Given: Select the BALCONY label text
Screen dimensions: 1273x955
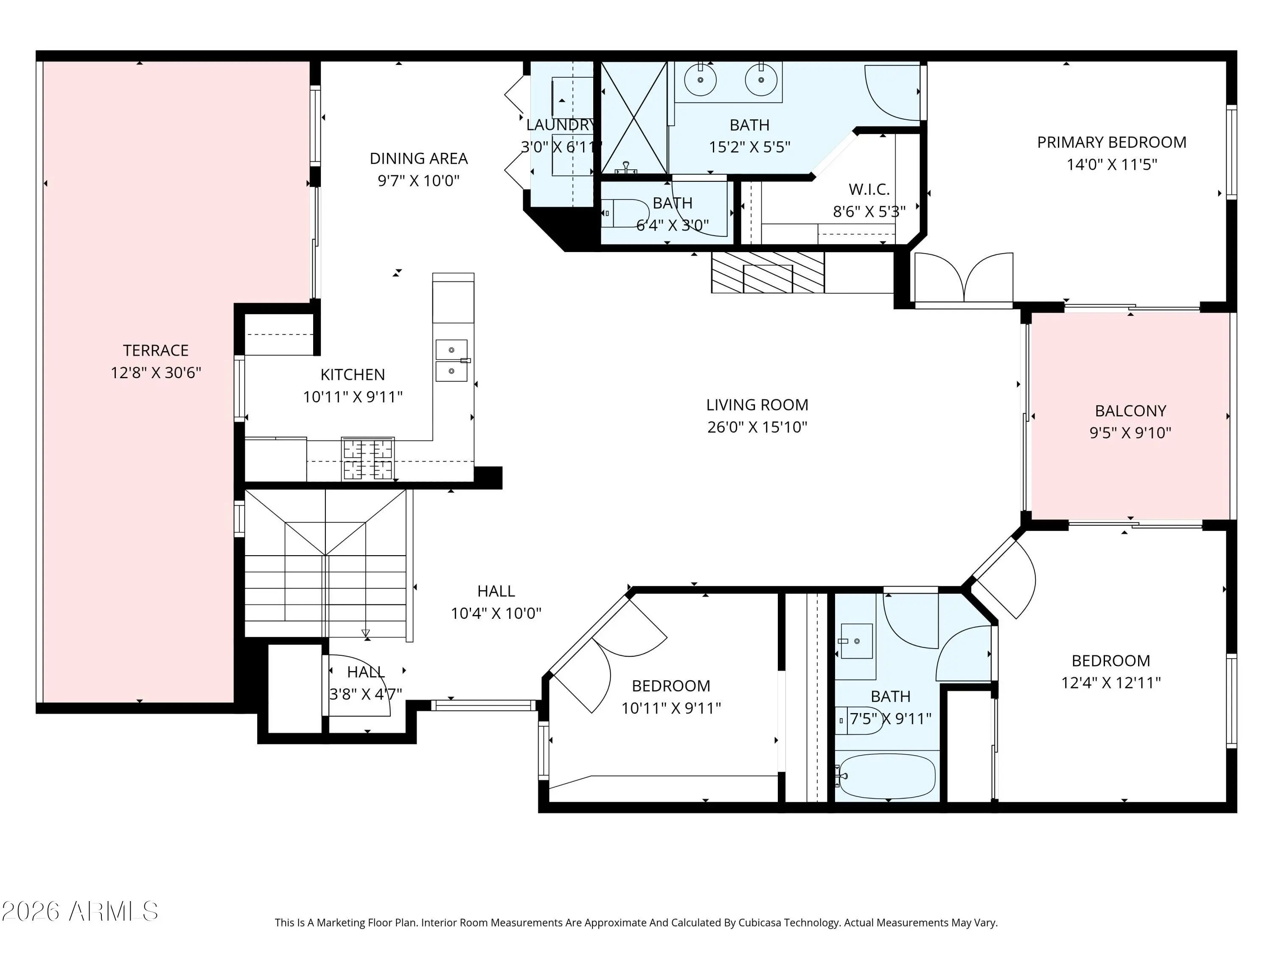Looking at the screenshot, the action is [x=1130, y=411].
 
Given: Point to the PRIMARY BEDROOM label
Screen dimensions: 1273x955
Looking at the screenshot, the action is [x=1111, y=142].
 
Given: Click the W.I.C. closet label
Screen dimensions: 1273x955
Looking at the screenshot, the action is [x=869, y=189].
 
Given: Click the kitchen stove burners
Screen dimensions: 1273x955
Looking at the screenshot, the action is [x=368, y=459].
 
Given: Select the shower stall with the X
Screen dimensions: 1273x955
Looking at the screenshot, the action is [x=634, y=118].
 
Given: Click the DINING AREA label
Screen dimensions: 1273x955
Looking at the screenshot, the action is [x=418, y=158].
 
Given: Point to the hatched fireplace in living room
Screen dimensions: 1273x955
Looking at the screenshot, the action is [x=768, y=272].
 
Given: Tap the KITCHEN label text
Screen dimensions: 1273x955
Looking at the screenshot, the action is [x=352, y=375].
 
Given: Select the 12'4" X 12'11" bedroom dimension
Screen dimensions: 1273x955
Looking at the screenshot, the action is [x=1111, y=683].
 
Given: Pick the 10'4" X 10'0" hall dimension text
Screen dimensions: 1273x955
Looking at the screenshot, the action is [x=496, y=614].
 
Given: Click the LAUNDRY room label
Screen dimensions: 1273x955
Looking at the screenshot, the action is [x=561, y=125].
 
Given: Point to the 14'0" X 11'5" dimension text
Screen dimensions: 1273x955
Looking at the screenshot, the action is [x=1111, y=165].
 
